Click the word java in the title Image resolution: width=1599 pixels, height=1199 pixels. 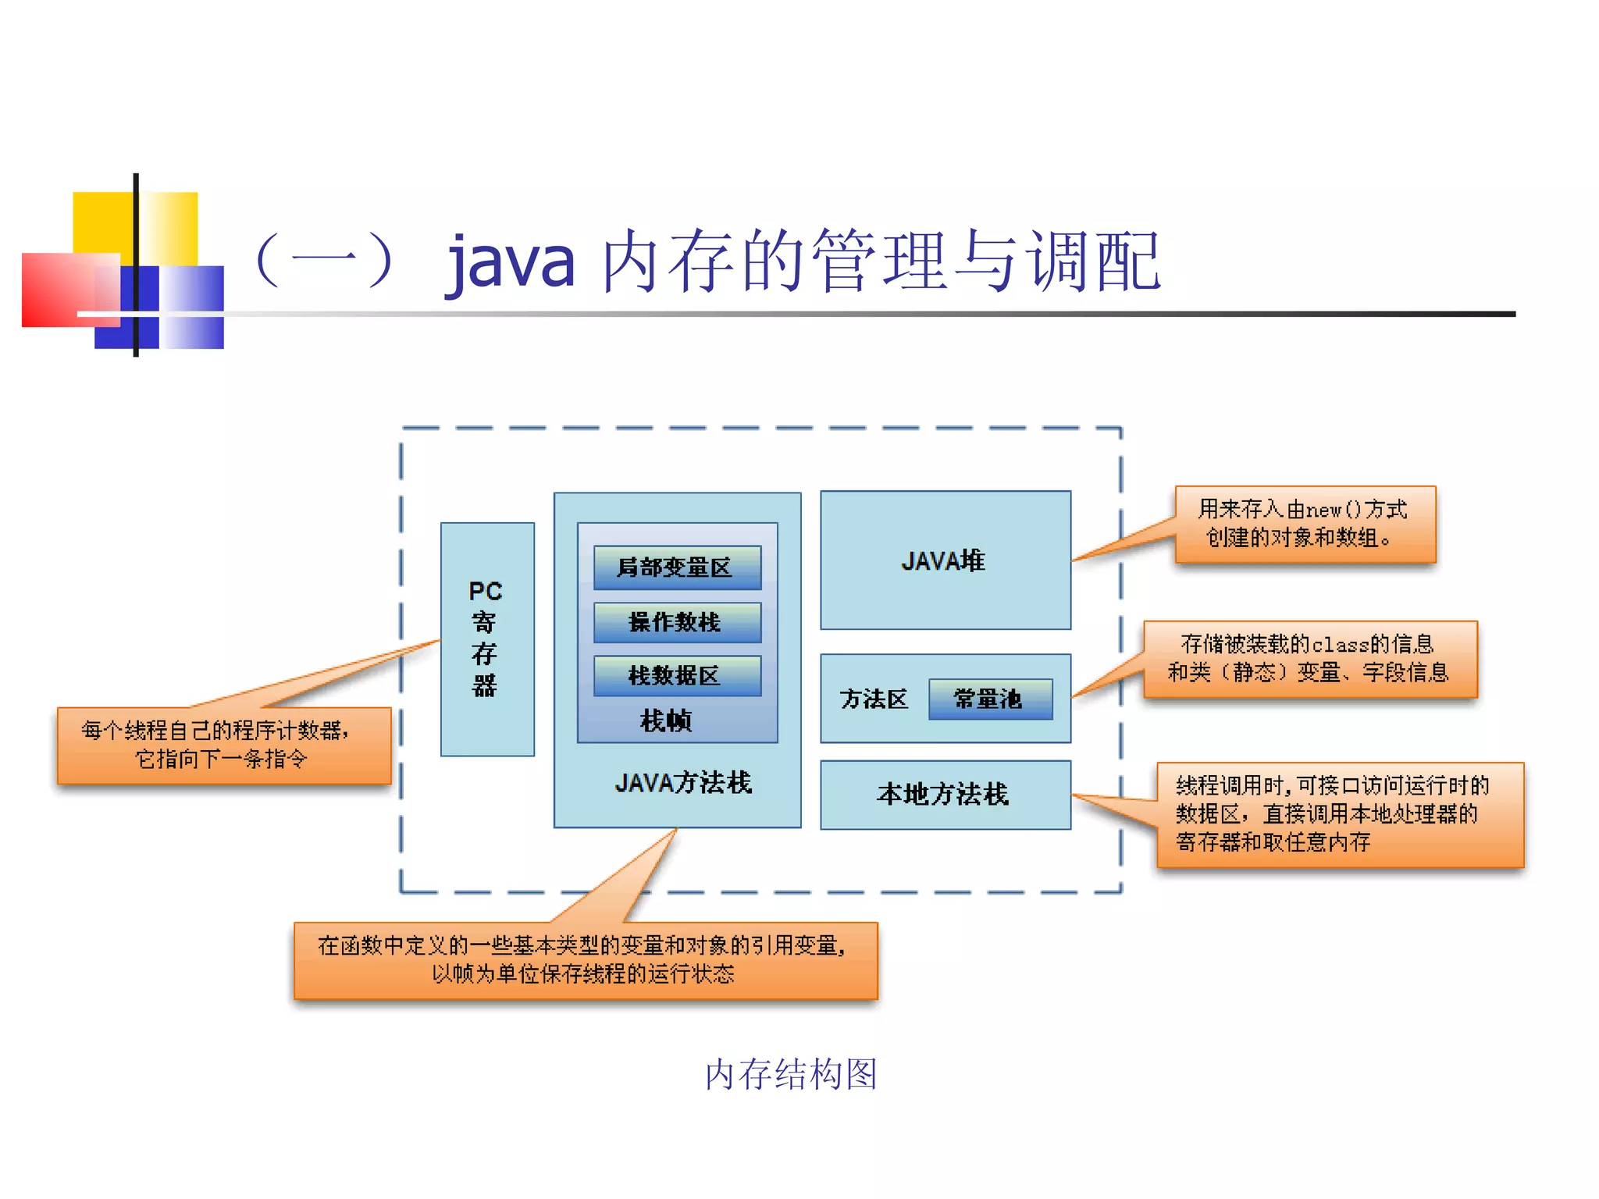click(x=511, y=262)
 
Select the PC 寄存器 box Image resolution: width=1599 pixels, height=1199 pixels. click(x=487, y=639)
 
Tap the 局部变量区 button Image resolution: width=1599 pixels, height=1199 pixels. click(x=676, y=567)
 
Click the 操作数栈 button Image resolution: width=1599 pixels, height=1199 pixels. click(x=676, y=622)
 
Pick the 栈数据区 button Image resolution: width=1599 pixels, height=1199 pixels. click(x=676, y=675)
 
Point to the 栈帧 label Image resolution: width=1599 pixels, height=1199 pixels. click(x=666, y=720)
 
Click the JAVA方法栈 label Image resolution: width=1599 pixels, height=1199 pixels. click(x=682, y=782)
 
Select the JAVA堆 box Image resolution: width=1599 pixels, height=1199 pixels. click(x=945, y=560)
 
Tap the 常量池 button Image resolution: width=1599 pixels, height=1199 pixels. click(x=989, y=699)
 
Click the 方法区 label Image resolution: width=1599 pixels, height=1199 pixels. click(x=874, y=699)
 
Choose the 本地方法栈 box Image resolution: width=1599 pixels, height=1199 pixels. click(x=945, y=795)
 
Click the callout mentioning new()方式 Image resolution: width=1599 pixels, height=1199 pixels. click(x=1304, y=524)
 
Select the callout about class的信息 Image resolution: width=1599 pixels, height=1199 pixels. click(x=1309, y=659)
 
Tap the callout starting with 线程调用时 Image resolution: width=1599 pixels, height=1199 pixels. click(x=1339, y=814)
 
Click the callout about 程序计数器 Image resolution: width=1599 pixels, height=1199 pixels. click(x=223, y=745)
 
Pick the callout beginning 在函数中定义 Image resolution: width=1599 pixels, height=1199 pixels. click(x=585, y=960)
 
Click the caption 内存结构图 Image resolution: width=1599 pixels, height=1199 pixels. click(x=791, y=1074)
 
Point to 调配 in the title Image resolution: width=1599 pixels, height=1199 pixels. click(x=1093, y=262)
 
